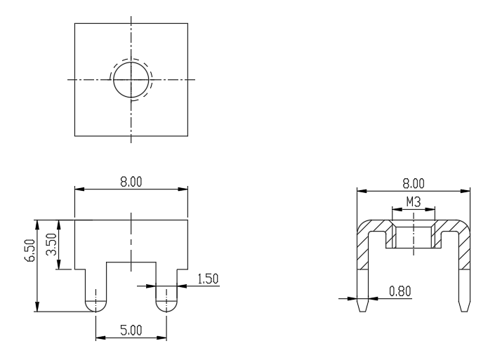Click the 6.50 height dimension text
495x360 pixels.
(x=31, y=251)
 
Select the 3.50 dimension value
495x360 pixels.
(x=51, y=244)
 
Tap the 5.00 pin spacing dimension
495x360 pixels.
(x=131, y=331)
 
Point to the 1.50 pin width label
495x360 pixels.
(x=208, y=279)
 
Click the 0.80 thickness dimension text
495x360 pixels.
(x=400, y=291)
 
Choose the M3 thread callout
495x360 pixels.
(x=414, y=202)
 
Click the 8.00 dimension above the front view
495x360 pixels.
(x=131, y=182)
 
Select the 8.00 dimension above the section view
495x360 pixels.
(x=414, y=184)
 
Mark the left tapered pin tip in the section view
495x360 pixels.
(x=363, y=305)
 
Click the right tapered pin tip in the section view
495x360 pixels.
(x=464, y=305)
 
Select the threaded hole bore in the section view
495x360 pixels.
(x=414, y=236)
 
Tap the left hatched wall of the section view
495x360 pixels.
(x=363, y=249)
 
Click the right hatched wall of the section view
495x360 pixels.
(x=464, y=249)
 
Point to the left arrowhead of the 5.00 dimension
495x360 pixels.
(x=100, y=338)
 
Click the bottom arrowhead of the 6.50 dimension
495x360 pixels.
(x=37, y=307)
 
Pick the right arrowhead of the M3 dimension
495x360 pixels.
(x=430, y=209)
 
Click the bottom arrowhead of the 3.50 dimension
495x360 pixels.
(x=59, y=265)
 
